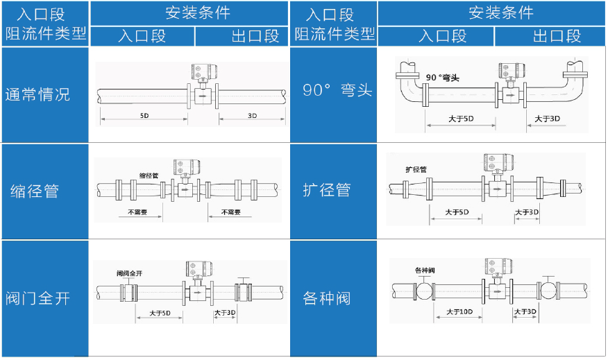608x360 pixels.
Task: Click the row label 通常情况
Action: point(37,94)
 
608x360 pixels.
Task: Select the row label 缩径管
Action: point(35,191)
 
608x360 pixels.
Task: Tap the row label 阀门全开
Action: point(37,298)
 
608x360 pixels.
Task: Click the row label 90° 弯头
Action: point(337,90)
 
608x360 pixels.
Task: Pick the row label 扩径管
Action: point(326,190)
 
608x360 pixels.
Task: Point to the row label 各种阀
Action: point(326,298)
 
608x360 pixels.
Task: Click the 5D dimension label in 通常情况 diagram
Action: point(144,115)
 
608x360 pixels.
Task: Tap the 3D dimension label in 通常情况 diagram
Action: point(252,115)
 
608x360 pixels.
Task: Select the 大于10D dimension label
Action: point(459,311)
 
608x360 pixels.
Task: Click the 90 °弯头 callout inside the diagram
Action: point(442,78)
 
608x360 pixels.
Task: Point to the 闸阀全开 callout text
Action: point(130,273)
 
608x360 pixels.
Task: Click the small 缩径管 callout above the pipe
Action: point(149,175)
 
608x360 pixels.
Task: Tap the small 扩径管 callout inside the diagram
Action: point(416,169)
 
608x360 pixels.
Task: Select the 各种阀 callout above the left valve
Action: point(425,270)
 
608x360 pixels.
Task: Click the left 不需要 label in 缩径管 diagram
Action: point(137,212)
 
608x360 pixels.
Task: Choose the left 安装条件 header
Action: point(198,12)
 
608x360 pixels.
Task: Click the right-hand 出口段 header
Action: point(557,36)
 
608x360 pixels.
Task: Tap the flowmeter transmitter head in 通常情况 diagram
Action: point(204,71)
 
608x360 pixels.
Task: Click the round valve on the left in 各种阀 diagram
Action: point(424,292)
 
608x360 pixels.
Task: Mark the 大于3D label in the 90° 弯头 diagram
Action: point(547,119)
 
